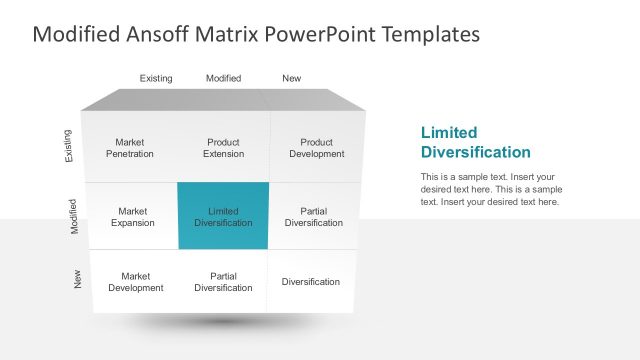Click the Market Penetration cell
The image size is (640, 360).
coord(130,148)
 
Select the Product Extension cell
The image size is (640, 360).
coord(223,148)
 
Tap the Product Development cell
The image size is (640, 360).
coord(316,148)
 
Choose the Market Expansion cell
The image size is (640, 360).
coord(132,217)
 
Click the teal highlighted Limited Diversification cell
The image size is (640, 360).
coord(223,217)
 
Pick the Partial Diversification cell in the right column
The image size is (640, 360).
coord(313,217)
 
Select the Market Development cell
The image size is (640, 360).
coord(135,282)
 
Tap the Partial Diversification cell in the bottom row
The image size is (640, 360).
coord(223,282)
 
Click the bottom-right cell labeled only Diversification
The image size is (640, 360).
coord(310,282)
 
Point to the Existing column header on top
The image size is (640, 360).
coord(156,78)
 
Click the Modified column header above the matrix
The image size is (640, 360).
coord(223,78)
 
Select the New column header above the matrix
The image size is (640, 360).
coord(291,78)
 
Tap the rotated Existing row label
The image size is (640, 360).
coord(68,146)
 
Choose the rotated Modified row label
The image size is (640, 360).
coord(74,216)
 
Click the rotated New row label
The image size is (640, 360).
coord(78,281)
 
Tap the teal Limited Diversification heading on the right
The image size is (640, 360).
coord(475,142)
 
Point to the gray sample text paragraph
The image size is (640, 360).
coord(491,189)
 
